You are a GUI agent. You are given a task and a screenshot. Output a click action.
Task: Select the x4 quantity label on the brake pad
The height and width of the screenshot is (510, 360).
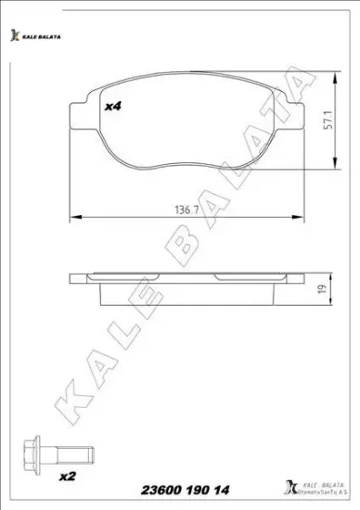(113, 108)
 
